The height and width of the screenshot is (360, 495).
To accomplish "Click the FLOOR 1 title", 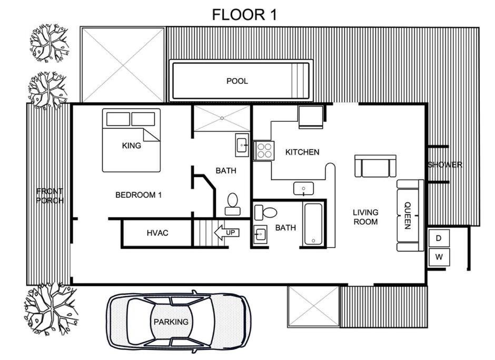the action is pos(244,15).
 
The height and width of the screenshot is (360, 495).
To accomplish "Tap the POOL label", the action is pos(237,81).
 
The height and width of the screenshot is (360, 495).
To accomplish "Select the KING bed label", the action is pos(131,145).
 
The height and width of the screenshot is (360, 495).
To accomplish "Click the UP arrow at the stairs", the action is pos(226,232).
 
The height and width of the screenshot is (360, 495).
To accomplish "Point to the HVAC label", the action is pos(157,233).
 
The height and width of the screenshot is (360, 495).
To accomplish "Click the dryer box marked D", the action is pos(439,238).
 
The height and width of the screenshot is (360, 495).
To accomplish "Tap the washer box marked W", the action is pos(439,257).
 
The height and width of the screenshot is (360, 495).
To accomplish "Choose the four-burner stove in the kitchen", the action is pos(264,150).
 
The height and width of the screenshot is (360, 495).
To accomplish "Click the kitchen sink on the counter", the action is pos(303,188).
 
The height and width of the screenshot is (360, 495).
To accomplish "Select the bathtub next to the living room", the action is pos(313,224).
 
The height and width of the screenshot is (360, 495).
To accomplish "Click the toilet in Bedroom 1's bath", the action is pos(233,204).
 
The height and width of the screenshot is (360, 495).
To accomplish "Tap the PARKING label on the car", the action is pos(171,322).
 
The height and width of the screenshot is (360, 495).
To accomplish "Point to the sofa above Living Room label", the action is pos(375,166).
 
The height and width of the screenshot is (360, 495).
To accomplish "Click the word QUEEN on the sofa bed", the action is pos(408,216).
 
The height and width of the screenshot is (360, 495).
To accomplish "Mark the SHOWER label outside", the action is pos(445,164).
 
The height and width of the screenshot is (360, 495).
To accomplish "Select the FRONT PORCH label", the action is pos(50,196).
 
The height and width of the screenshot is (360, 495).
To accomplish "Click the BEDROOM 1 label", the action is pos(138,195).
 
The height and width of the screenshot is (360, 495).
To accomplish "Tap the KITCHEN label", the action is pos(302,152).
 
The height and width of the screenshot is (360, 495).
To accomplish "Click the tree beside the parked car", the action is pos(52,308).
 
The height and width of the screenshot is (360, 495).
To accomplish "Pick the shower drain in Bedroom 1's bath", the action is pos(222,118).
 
